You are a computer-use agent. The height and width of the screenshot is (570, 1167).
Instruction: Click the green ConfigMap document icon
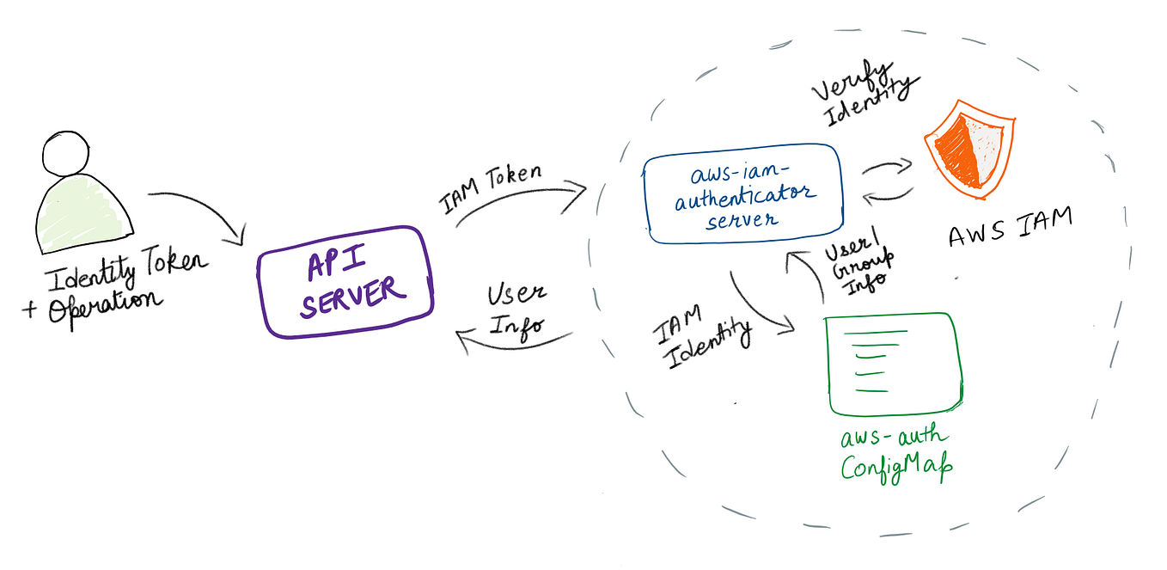pyautogui.click(x=894, y=365)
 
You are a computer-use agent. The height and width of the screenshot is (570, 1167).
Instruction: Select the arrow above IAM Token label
pyautogui.click(x=521, y=199)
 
